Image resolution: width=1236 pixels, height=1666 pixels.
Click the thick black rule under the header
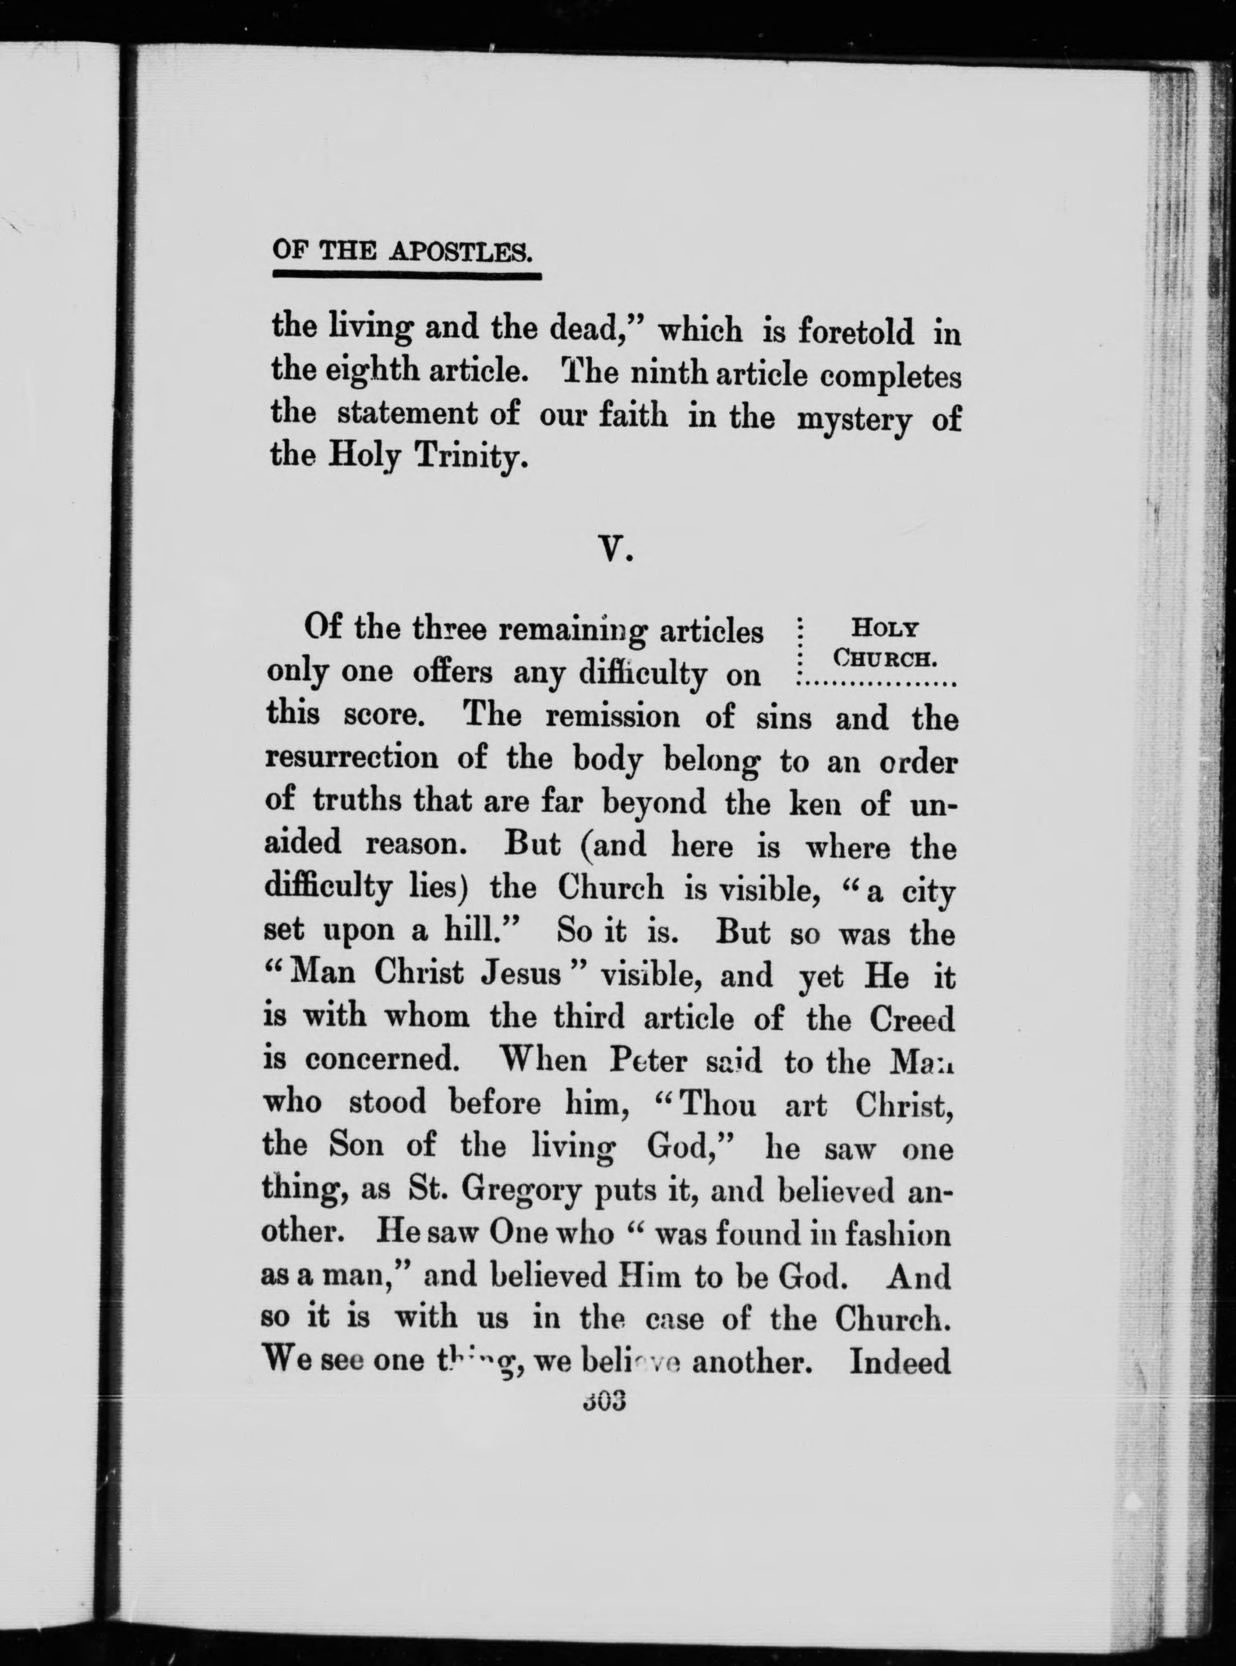point(406,276)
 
